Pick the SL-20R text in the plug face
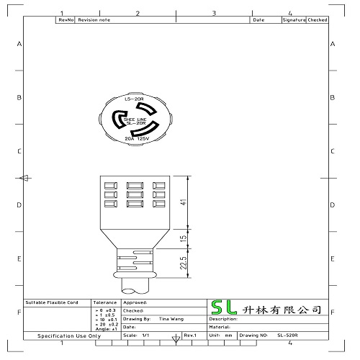tap(137, 123)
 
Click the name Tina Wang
tap(169, 318)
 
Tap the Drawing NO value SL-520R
tap(287, 336)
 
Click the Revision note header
tap(94, 20)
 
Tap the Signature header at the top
tap(294, 20)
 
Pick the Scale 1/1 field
tap(137, 336)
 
